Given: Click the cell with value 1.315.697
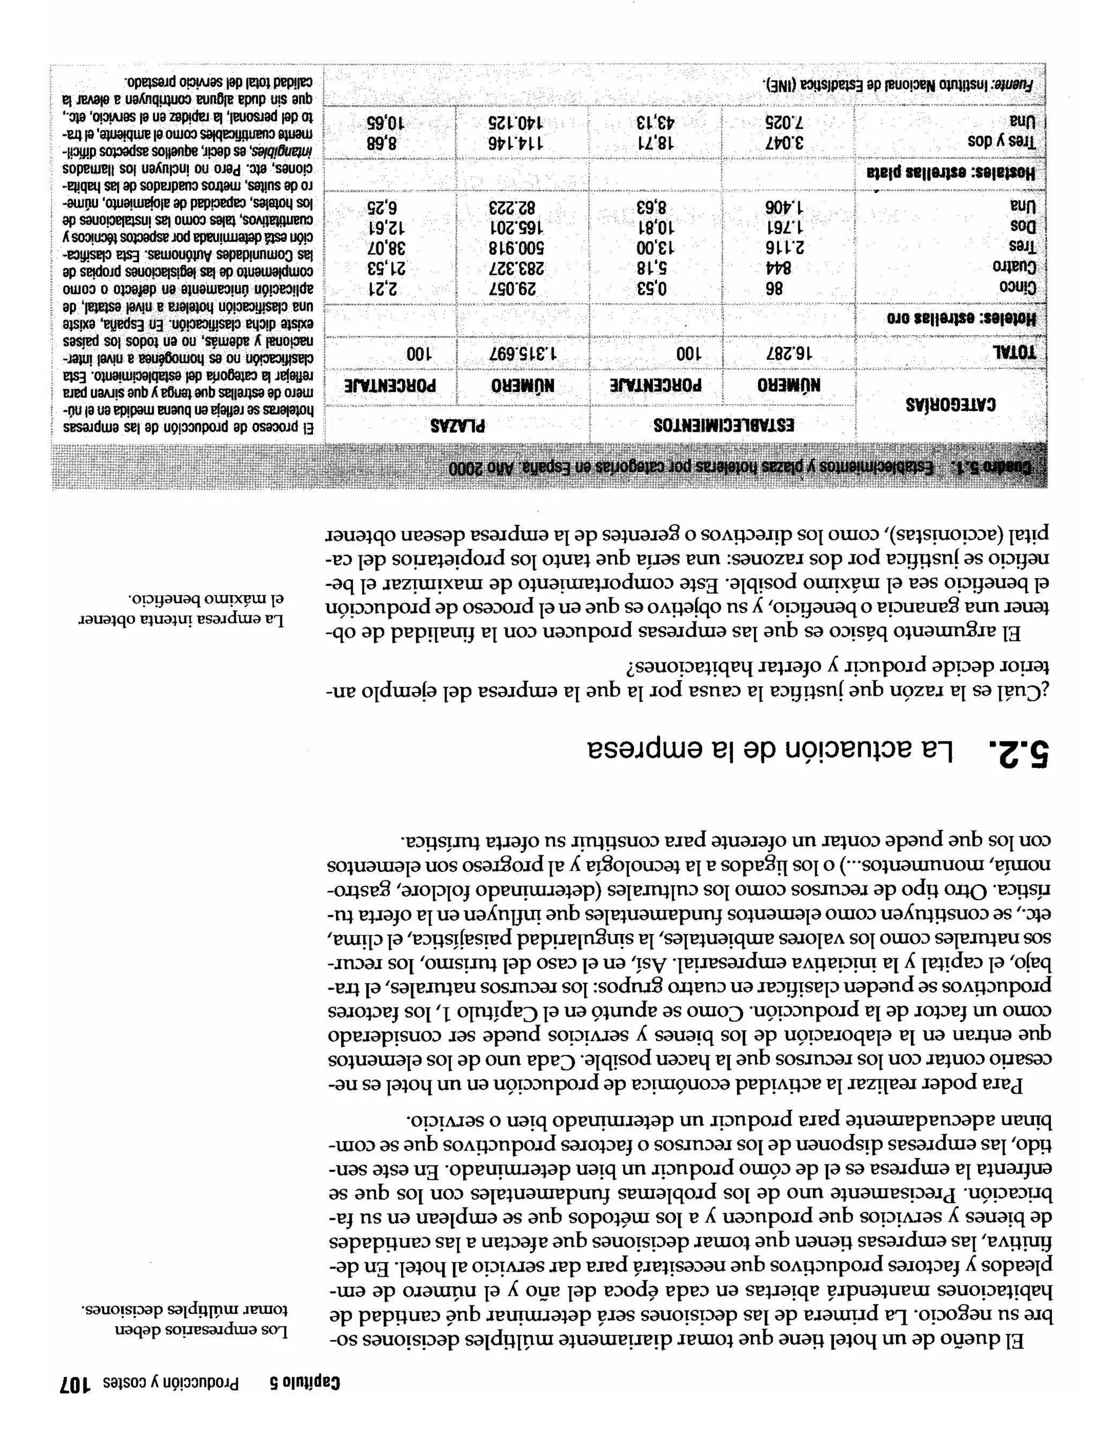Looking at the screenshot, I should click(523, 353).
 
